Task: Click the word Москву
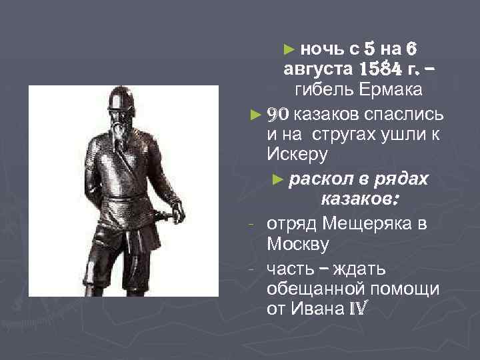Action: [297, 244]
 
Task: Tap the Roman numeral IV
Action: [356, 309]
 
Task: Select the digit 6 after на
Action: [411, 48]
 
